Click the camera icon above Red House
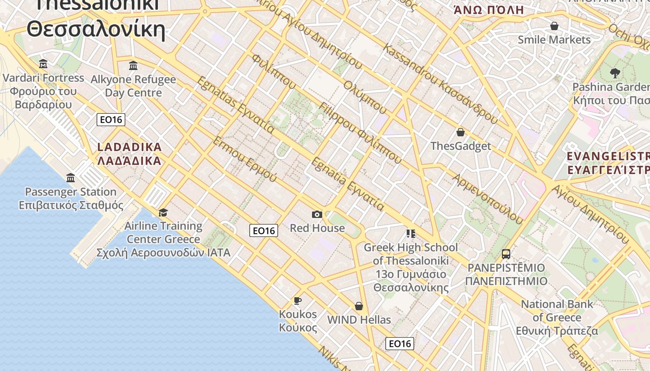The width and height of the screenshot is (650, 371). [317, 214]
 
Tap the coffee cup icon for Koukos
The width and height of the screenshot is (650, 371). [298, 301]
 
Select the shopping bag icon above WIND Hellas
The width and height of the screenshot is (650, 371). [359, 306]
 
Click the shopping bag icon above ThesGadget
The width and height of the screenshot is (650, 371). [460, 133]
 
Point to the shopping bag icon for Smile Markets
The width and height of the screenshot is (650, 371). [554, 26]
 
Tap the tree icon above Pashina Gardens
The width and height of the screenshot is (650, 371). [615, 73]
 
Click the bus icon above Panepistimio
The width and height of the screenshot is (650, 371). [506, 254]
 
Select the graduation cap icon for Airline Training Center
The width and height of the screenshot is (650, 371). [163, 212]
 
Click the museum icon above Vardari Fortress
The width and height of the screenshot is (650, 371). [43, 64]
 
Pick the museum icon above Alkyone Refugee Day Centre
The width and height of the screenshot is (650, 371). [133, 65]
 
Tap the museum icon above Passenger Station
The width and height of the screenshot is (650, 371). [71, 178]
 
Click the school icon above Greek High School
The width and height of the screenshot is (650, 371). [410, 233]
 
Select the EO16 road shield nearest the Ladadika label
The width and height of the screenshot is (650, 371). [111, 120]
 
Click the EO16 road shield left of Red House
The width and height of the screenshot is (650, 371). [263, 230]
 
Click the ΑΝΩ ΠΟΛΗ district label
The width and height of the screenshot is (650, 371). [488, 10]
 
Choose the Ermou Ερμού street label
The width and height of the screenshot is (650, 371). [244, 159]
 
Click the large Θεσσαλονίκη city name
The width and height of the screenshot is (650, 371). [96, 29]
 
